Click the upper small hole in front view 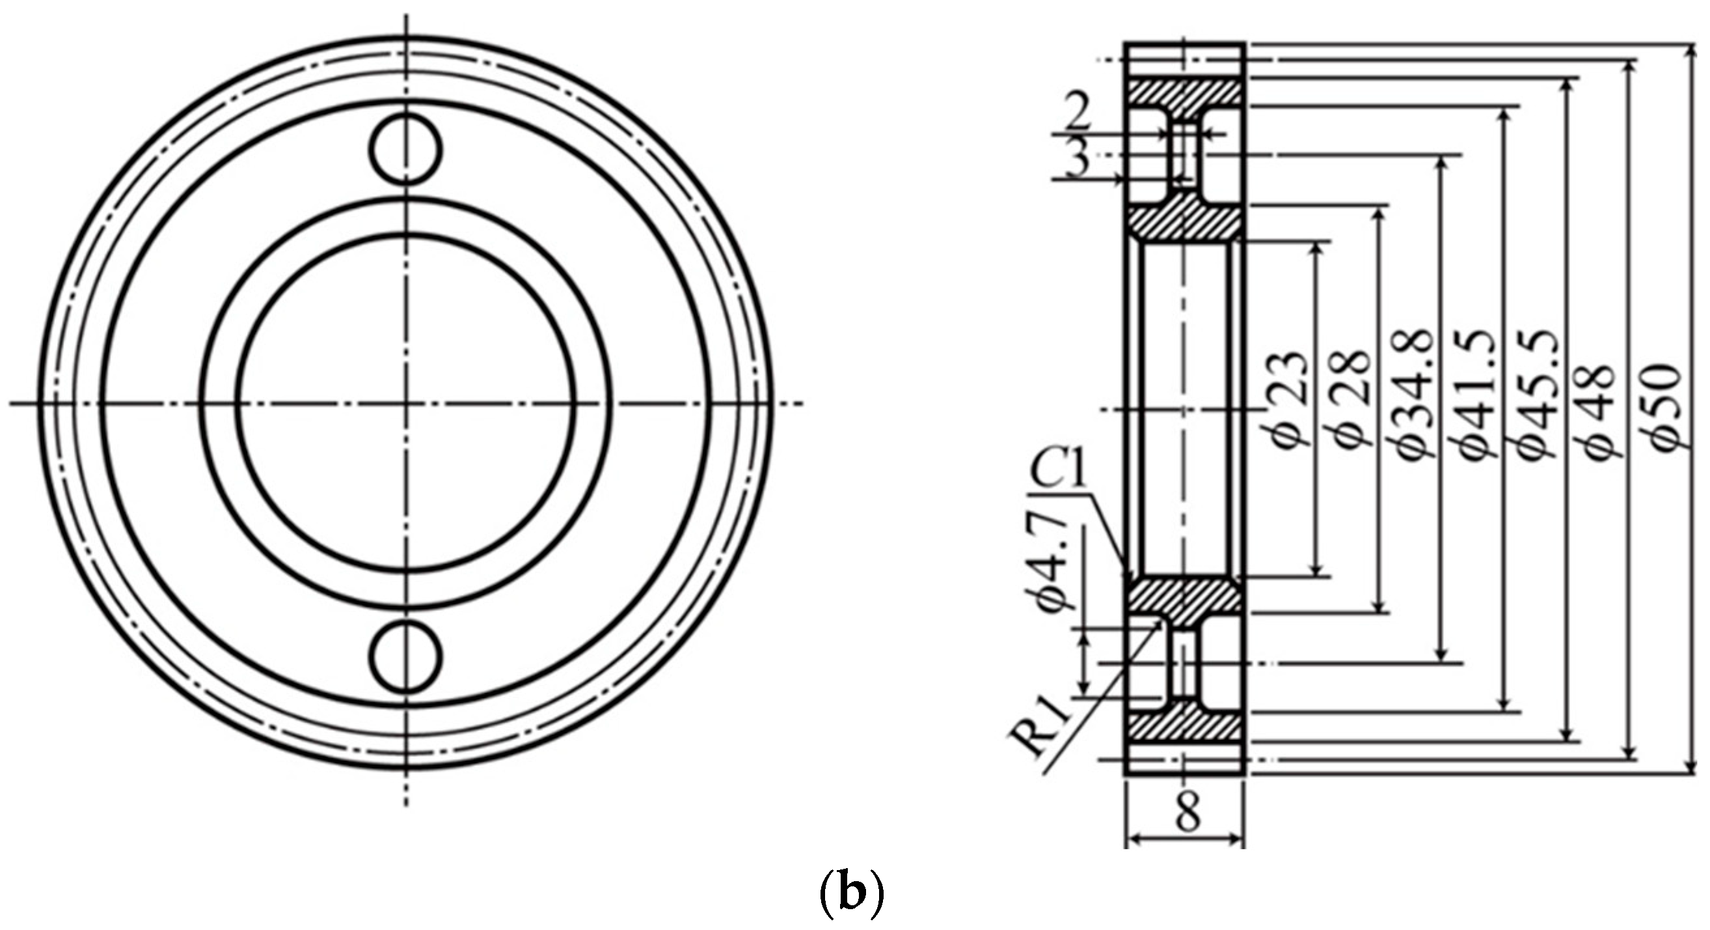coord(406,150)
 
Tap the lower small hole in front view coord(406,656)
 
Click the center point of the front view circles coord(406,403)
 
